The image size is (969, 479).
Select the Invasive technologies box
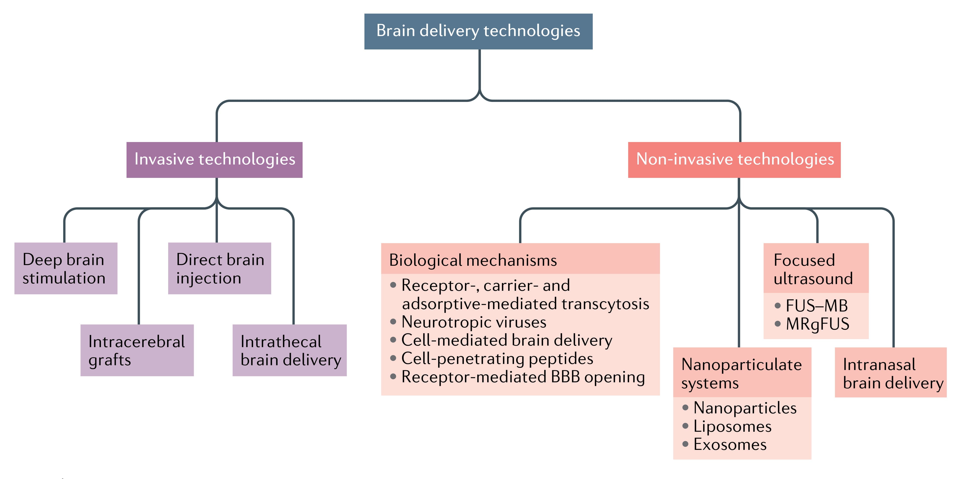point(214,160)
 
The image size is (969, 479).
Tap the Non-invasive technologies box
point(734,160)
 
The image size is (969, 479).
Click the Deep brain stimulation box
point(66,268)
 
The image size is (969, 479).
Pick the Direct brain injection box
point(219,268)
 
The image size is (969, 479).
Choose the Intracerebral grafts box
point(137,350)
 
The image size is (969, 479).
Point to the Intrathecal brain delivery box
point(290,350)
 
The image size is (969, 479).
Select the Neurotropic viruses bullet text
point(474,322)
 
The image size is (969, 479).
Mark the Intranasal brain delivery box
point(890,373)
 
